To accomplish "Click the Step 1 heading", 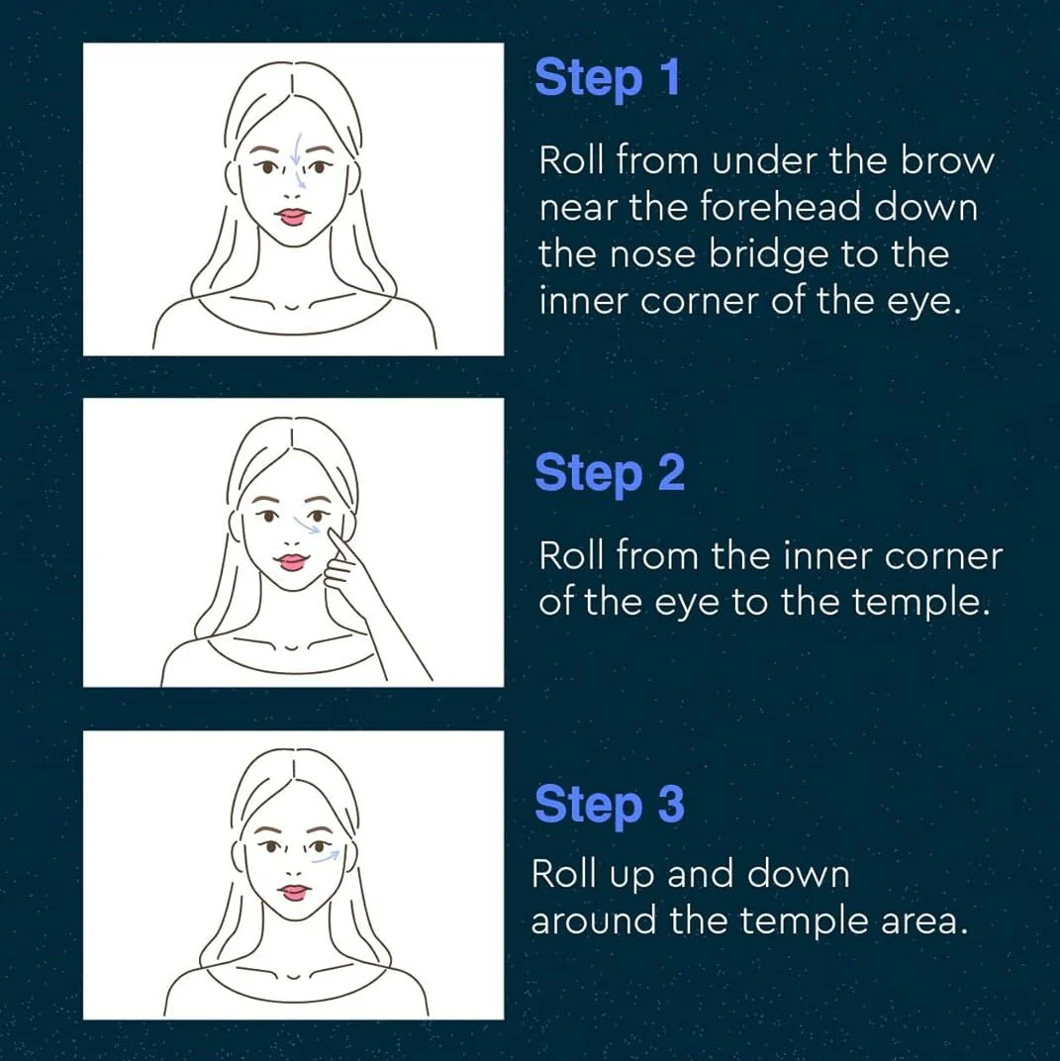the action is point(607,78).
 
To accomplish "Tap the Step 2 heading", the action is point(610,473).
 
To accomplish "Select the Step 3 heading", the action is point(610,805).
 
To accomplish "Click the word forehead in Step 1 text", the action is point(780,207).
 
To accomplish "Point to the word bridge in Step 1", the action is point(769,255).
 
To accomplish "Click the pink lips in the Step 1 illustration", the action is point(294,217).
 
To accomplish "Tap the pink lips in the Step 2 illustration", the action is point(292,562).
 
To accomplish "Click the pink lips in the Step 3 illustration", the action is point(294,893).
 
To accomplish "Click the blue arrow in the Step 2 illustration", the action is point(306,526).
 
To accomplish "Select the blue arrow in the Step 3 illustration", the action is point(326,857).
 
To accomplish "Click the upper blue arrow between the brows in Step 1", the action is point(296,148).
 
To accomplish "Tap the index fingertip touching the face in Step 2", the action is point(333,532).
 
